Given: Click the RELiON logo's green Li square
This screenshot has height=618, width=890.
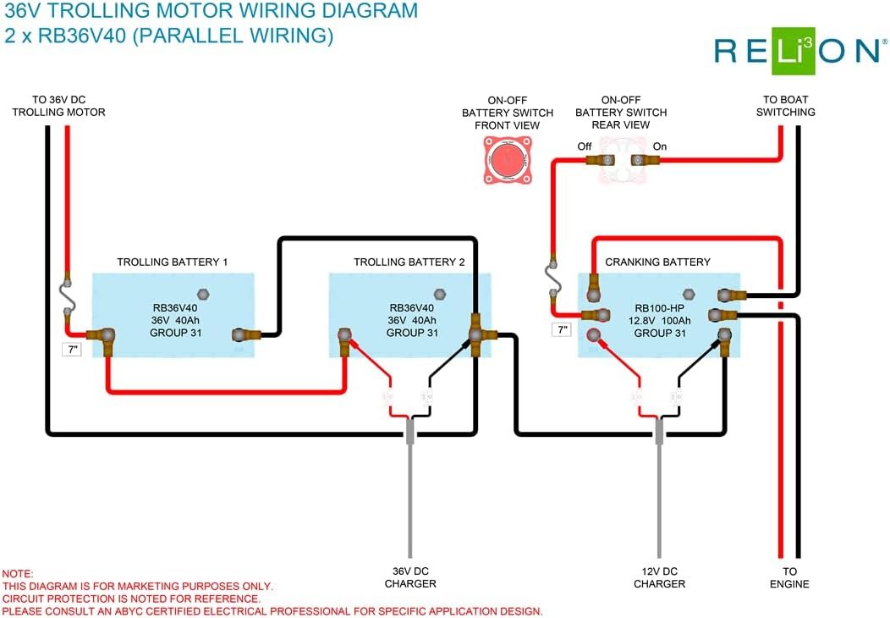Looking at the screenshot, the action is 794,51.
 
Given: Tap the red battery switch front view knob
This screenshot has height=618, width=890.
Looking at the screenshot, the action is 508,160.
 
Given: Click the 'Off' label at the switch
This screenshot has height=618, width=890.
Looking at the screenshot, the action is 584,146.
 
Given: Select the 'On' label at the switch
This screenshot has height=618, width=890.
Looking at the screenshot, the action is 660,146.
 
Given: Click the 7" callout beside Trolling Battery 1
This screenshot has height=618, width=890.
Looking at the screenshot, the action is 72,350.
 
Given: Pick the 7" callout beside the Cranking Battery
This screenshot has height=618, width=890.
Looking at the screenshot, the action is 562,329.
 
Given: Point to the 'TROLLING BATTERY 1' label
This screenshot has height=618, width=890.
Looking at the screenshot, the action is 172,262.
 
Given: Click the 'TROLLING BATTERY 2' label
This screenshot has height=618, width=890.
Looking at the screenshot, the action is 409,262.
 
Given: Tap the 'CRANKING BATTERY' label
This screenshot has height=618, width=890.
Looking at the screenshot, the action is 658,262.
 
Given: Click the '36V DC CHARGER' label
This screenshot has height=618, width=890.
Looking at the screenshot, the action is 410,577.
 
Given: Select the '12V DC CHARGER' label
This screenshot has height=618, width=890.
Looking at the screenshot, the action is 660,577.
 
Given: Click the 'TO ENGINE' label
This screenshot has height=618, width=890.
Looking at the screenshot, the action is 789,577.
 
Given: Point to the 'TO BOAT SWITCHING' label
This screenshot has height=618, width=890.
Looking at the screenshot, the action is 786,106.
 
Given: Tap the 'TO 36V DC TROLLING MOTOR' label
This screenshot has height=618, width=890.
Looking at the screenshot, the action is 58,106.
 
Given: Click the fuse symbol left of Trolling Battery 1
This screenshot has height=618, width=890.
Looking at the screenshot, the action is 67,295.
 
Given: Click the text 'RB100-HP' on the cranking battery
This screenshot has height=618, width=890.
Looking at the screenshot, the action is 660,308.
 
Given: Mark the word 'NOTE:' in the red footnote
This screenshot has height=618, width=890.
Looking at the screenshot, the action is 18,574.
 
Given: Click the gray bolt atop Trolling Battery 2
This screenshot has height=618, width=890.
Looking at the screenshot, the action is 439,295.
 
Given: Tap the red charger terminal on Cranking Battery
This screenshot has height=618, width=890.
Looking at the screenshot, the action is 594,334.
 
